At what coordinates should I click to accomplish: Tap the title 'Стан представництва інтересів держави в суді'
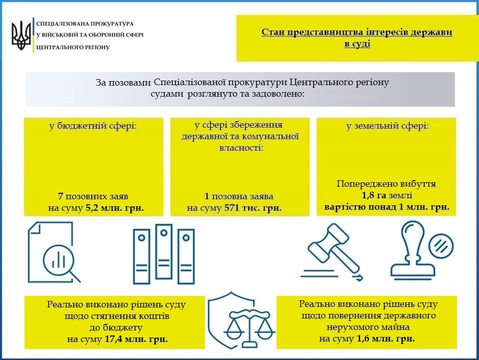(356, 38)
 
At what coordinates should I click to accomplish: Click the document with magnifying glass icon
(54, 252)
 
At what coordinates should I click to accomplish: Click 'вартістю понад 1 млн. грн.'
(386, 207)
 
